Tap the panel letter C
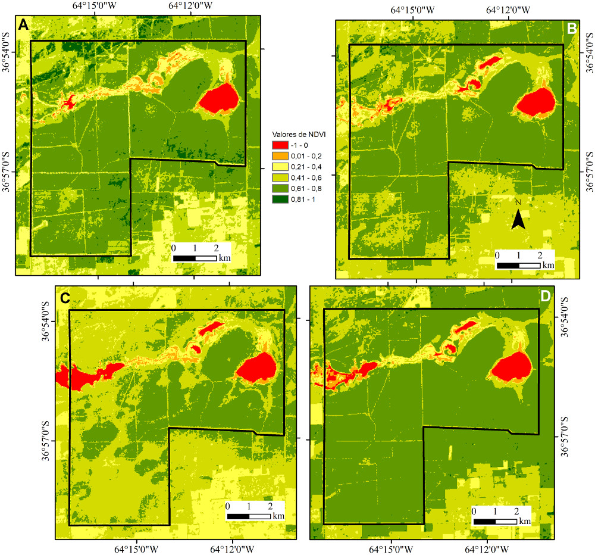[65, 297]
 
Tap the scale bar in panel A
[194, 258]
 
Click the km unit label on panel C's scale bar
[278, 515]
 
